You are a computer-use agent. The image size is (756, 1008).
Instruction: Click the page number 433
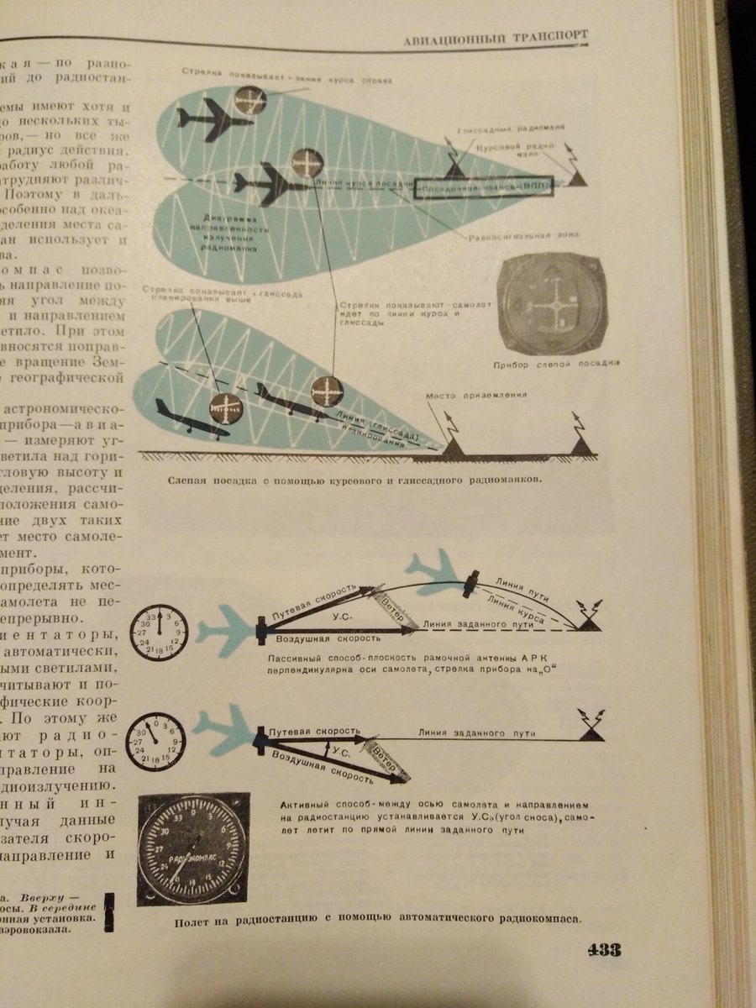tap(603, 950)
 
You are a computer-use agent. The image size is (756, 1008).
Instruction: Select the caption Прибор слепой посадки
tap(556, 364)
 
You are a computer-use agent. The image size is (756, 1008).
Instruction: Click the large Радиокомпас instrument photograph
tap(192, 848)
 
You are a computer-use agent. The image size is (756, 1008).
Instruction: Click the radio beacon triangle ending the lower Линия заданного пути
tap(591, 732)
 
